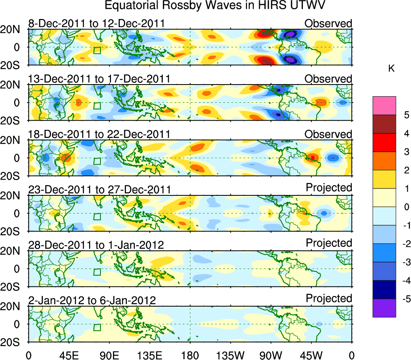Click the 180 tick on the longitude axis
(190, 355)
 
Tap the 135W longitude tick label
(230, 355)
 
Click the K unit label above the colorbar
(391, 69)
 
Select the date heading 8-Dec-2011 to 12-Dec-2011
(96, 23)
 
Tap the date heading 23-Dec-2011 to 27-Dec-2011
(99, 189)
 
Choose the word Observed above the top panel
(328, 23)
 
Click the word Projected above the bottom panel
(329, 299)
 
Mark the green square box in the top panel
(97, 51)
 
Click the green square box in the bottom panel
(97, 327)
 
